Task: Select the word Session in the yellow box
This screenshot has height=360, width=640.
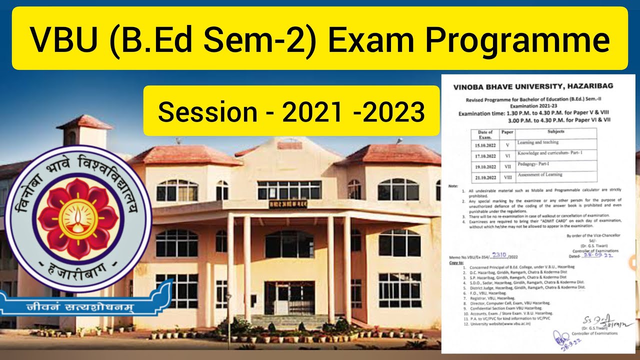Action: [206, 112]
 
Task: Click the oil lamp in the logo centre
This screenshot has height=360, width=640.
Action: [78, 216]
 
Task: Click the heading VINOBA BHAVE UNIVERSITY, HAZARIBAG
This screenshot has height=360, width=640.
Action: [532, 86]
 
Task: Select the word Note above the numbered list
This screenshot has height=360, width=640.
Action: [453, 185]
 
